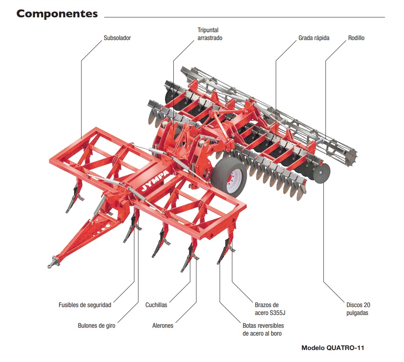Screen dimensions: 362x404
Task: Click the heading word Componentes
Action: [x=57, y=14]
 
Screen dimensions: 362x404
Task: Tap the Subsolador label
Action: [x=117, y=38]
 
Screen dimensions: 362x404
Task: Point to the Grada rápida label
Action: [x=314, y=38]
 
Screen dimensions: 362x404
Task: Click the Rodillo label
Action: [x=356, y=38]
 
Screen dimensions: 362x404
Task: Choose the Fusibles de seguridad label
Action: [x=85, y=305]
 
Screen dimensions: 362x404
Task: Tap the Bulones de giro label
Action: [x=96, y=325]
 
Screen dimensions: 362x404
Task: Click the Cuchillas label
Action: [x=156, y=305]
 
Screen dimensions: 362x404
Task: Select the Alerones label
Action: [x=163, y=325]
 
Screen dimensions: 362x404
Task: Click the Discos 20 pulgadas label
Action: [x=358, y=309]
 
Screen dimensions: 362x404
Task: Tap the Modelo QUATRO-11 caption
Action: [x=332, y=348]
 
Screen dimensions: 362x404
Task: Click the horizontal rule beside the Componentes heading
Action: [x=244, y=17]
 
